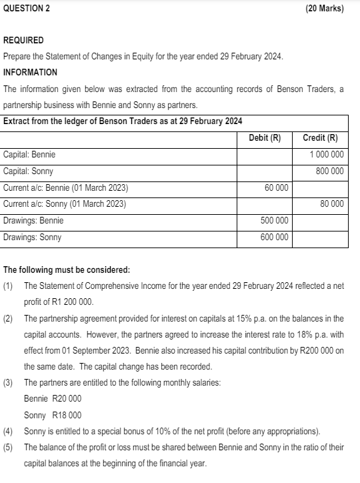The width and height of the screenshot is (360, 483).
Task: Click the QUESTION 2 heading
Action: click(x=26, y=8)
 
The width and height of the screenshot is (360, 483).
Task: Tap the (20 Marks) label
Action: click(x=324, y=8)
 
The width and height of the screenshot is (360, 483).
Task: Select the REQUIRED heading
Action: click(x=24, y=40)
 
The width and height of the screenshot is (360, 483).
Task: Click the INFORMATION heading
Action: click(x=31, y=72)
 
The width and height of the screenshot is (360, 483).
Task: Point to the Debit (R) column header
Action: click(x=265, y=138)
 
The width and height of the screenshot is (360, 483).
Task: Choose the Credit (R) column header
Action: click(x=320, y=138)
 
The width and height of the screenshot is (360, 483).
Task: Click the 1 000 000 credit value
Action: click(x=327, y=155)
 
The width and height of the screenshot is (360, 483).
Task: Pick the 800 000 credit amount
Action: click(x=329, y=171)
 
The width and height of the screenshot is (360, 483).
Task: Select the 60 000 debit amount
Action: click(x=276, y=187)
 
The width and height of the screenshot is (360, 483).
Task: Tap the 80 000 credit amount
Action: click(x=331, y=203)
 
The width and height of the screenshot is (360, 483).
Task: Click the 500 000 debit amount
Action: click(x=274, y=220)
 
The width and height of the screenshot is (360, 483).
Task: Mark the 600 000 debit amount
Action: click(x=274, y=237)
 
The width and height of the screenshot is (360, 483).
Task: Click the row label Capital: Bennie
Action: click(x=29, y=155)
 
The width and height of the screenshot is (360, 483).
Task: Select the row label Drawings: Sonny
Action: click(x=32, y=237)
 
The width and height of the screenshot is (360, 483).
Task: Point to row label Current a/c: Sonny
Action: click(x=65, y=203)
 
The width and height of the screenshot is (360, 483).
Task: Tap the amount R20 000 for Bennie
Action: click(x=67, y=398)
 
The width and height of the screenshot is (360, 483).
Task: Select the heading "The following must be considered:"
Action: click(x=67, y=270)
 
